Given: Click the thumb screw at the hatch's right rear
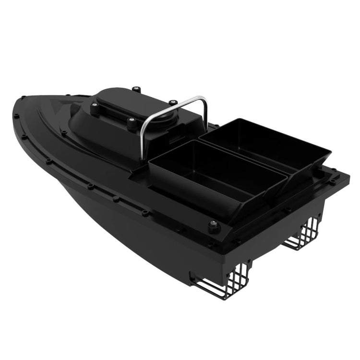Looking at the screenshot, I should point(172,102).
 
